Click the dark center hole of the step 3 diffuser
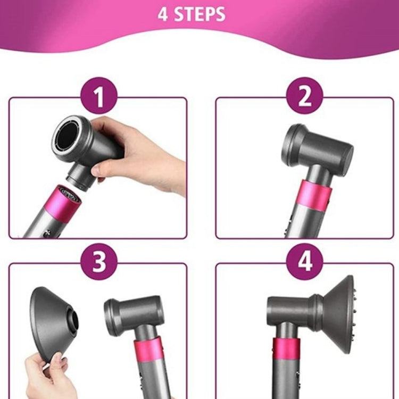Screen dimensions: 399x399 (x=73, y=321)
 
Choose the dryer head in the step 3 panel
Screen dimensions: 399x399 (x=133, y=311)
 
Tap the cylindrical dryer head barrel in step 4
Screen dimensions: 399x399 (x=290, y=309)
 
